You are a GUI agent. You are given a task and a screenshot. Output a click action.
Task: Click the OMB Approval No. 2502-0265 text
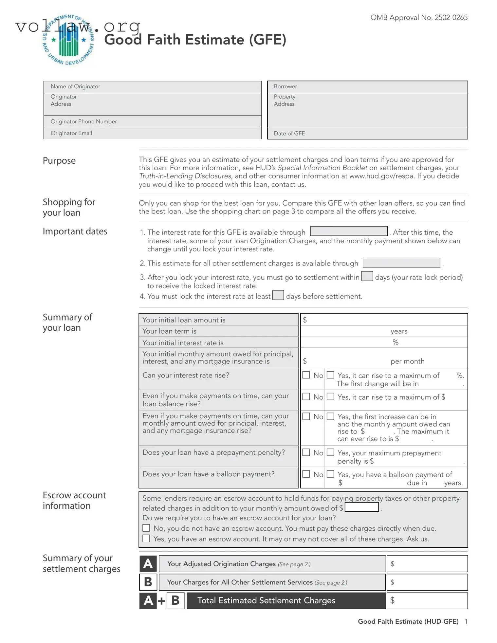[x=418, y=18]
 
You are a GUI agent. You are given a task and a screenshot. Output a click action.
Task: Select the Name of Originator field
[x=153, y=87]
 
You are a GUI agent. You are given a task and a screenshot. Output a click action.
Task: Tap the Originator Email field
[x=153, y=133]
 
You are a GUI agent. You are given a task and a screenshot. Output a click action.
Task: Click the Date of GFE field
[x=367, y=134]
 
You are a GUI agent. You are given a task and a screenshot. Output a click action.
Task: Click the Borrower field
[x=367, y=87]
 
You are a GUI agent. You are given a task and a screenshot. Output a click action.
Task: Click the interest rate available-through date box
[x=349, y=231]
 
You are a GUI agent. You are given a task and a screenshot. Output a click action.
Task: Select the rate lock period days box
[x=367, y=276]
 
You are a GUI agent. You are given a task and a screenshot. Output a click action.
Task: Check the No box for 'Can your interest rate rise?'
[x=306, y=375]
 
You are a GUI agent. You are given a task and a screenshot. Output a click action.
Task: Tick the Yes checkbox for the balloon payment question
[x=331, y=474]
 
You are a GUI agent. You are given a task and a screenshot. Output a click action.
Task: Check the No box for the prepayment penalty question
[x=306, y=452]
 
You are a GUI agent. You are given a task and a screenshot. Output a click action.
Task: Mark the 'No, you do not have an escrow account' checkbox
[x=146, y=528]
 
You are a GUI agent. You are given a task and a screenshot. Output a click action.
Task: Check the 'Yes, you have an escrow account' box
[x=146, y=539]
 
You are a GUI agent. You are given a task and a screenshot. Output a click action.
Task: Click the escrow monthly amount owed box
[x=362, y=507]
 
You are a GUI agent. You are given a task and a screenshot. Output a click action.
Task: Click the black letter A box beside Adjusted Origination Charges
[x=148, y=564]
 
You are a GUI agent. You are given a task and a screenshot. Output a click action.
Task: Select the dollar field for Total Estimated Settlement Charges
[x=427, y=600]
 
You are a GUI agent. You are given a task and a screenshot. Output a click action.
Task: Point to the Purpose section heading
[x=59, y=161]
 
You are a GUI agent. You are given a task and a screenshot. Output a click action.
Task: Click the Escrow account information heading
[x=74, y=500]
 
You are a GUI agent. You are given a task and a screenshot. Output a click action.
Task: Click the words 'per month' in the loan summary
[x=407, y=361]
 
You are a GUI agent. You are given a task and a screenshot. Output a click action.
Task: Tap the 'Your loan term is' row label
[x=169, y=331]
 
